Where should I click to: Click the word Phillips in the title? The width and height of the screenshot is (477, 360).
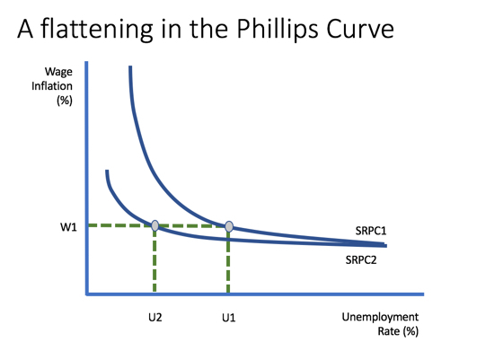click(x=278, y=30)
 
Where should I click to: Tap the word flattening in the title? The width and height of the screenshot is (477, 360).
click(x=97, y=30)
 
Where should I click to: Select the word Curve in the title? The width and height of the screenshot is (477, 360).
click(x=360, y=30)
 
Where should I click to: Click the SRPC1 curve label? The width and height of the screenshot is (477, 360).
click(x=371, y=231)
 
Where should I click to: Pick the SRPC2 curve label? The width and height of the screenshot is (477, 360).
click(x=361, y=260)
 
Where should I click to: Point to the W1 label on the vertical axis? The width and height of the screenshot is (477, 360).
click(x=68, y=227)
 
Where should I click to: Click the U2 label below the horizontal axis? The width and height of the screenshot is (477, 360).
click(x=155, y=318)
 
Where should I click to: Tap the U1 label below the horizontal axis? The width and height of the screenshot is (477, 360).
click(x=228, y=318)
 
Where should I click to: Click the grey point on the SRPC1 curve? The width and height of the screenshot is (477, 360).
click(x=229, y=226)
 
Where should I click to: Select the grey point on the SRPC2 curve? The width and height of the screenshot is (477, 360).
click(x=155, y=225)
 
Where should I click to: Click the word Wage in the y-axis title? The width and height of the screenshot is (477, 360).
click(x=58, y=72)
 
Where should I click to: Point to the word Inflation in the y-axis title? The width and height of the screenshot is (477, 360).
click(x=52, y=86)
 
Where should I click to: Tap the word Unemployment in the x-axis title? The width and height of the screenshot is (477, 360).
click(x=380, y=317)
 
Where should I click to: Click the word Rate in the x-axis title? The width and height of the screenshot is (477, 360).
click(x=389, y=331)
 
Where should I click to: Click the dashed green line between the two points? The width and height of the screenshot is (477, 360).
click(x=192, y=226)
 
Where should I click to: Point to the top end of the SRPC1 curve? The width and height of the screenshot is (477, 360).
click(x=130, y=66)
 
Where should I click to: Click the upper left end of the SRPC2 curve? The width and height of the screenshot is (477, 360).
click(x=107, y=171)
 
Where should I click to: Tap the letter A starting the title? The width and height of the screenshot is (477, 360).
click(x=25, y=30)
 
